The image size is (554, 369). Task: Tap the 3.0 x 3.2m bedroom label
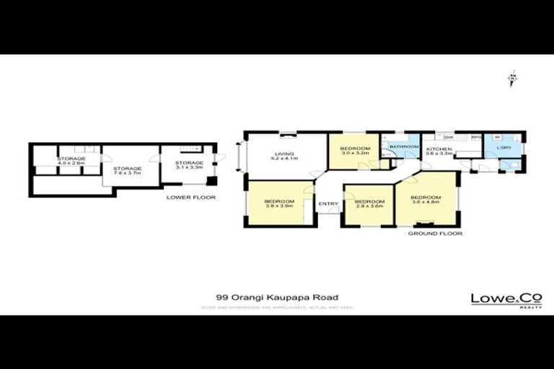point(355,151)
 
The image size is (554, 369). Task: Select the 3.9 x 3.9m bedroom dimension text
point(278,206)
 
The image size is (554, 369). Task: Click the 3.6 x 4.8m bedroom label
point(426,200)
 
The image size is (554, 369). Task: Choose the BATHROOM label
point(403,147)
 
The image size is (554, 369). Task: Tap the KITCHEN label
point(439,151)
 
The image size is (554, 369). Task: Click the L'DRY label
point(504,148)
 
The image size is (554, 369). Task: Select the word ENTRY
point(328,204)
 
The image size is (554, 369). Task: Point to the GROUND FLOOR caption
point(434,234)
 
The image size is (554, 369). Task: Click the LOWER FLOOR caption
point(190,197)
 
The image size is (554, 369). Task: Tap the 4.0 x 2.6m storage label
point(71,161)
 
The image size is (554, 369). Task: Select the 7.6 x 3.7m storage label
point(127,172)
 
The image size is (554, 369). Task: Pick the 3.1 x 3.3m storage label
point(190,166)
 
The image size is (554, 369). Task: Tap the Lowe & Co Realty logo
point(497,300)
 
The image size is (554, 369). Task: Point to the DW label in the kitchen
point(449,137)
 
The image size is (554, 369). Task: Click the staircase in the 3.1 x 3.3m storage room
point(188,148)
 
